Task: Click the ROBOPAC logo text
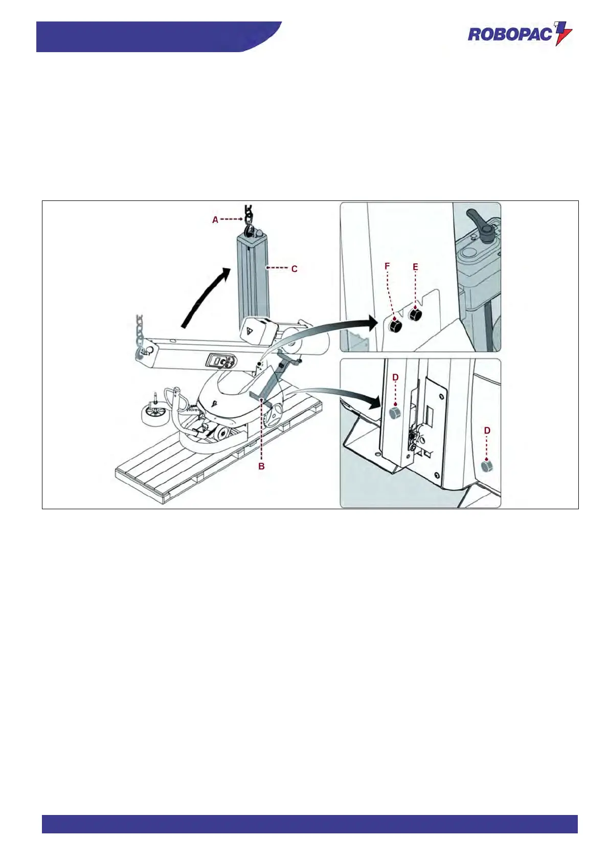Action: point(510,35)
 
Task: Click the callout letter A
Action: point(215,219)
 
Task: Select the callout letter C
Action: point(294,268)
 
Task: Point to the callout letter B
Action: point(261,466)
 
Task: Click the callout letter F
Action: point(387,266)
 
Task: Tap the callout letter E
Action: point(415,266)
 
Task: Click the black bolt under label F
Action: point(395,325)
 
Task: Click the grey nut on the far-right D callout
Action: point(487,465)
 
